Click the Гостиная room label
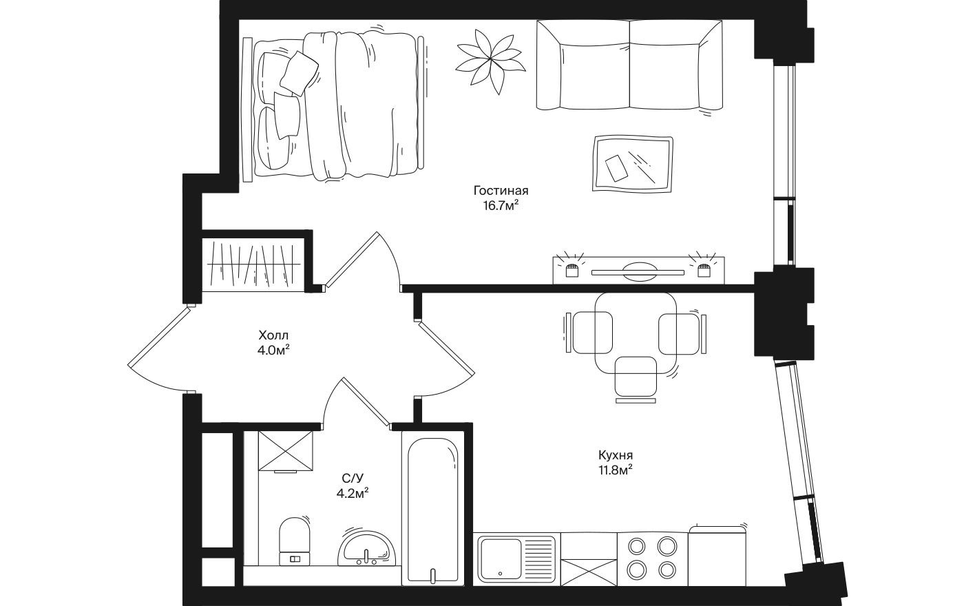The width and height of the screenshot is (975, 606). (500, 191)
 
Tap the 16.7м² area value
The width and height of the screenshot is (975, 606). (501, 205)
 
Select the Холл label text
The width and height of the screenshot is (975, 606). (273, 335)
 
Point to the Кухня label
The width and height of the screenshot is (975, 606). (615, 455)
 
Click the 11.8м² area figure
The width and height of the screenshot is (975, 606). (615, 470)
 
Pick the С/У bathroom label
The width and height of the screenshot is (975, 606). (353, 478)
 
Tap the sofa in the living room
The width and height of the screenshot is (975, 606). (629, 65)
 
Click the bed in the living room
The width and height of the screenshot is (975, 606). (337, 107)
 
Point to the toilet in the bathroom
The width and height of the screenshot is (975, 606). (295, 541)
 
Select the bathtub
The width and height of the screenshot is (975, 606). (433, 510)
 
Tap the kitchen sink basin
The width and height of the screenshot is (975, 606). (501, 558)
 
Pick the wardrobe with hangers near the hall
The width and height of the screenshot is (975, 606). (255, 264)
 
